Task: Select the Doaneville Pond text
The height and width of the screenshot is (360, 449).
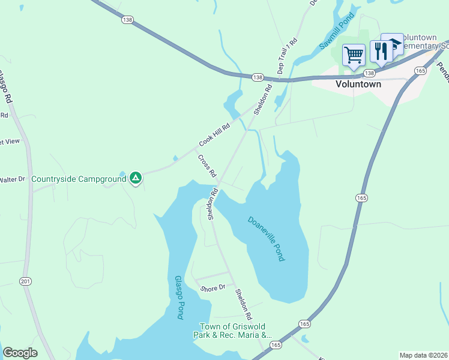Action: pyautogui.click(x=266, y=238)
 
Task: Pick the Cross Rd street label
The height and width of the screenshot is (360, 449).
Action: pyautogui.click(x=206, y=166)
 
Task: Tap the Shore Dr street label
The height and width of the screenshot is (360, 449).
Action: pyautogui.click(x=213, y=287)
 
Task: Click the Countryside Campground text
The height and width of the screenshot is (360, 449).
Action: pyautogui.click(x=79, y=179)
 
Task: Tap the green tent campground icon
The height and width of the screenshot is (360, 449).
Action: pyautogui.click(x=136, y=178)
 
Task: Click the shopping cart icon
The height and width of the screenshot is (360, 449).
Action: pyautogui.click(x=354, y=55)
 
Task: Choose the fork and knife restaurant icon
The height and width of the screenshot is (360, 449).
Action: pyautogui.click(x=381, y=52)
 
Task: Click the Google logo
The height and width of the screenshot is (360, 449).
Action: pyautogui.click(x=20, y=353)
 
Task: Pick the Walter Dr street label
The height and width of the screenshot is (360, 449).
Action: pyautogui.click(x=12, y=179)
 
